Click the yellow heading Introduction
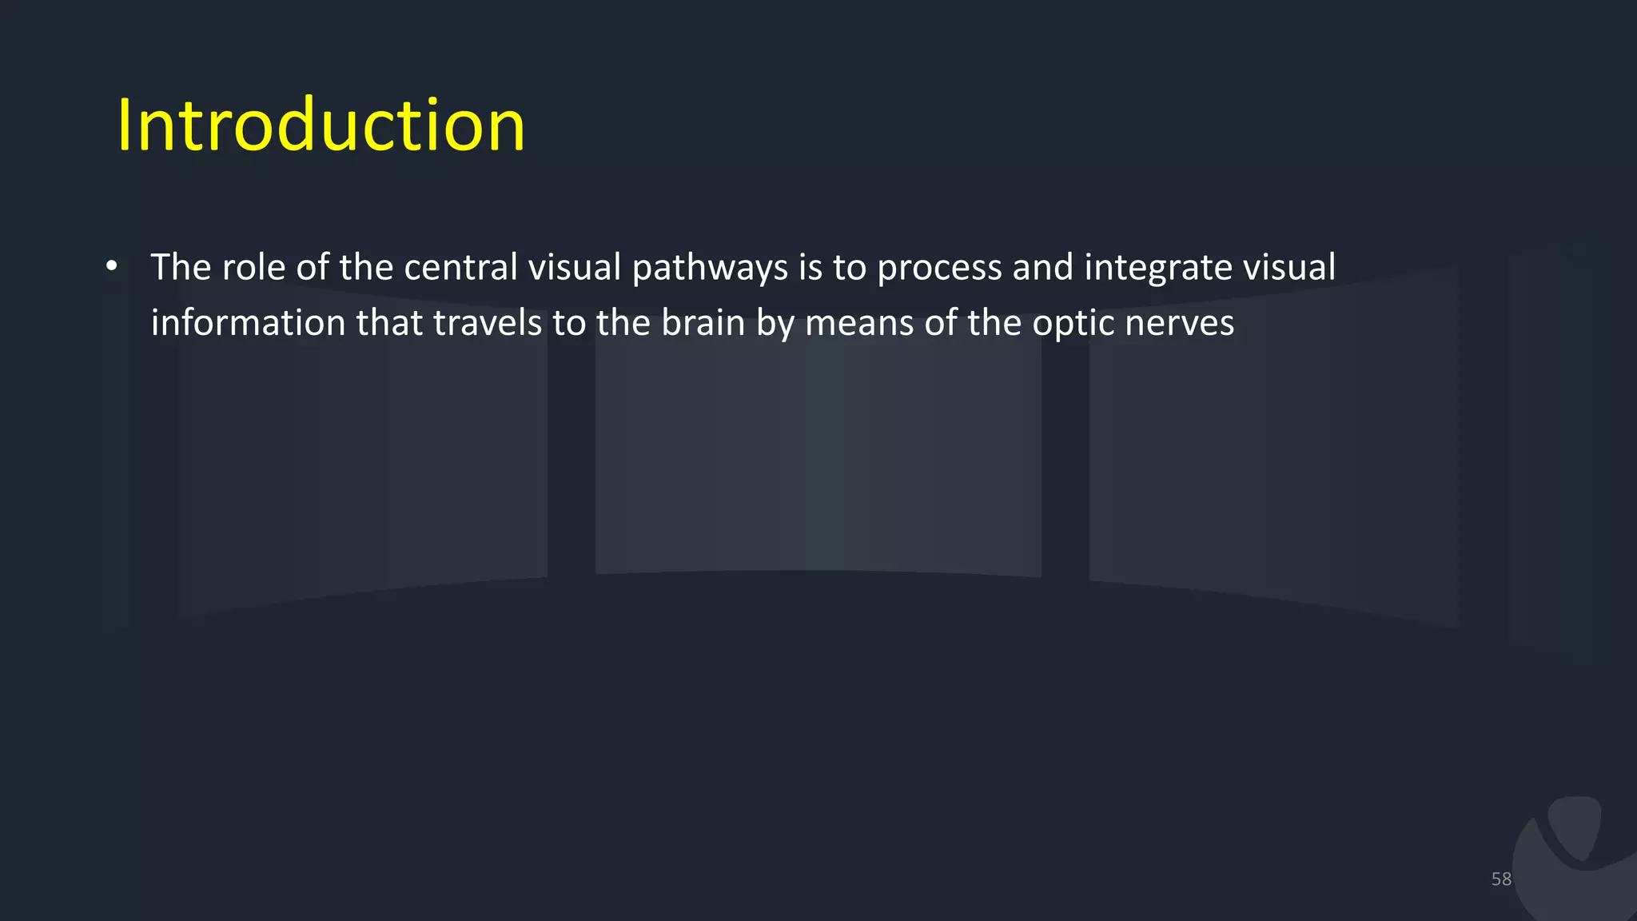(321, 126)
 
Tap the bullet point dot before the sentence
(112, 266)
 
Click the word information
(248, 323)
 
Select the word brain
(703, 323)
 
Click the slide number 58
(1501, 879)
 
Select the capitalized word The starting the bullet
(181, 267)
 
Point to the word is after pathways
(810, 267)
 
